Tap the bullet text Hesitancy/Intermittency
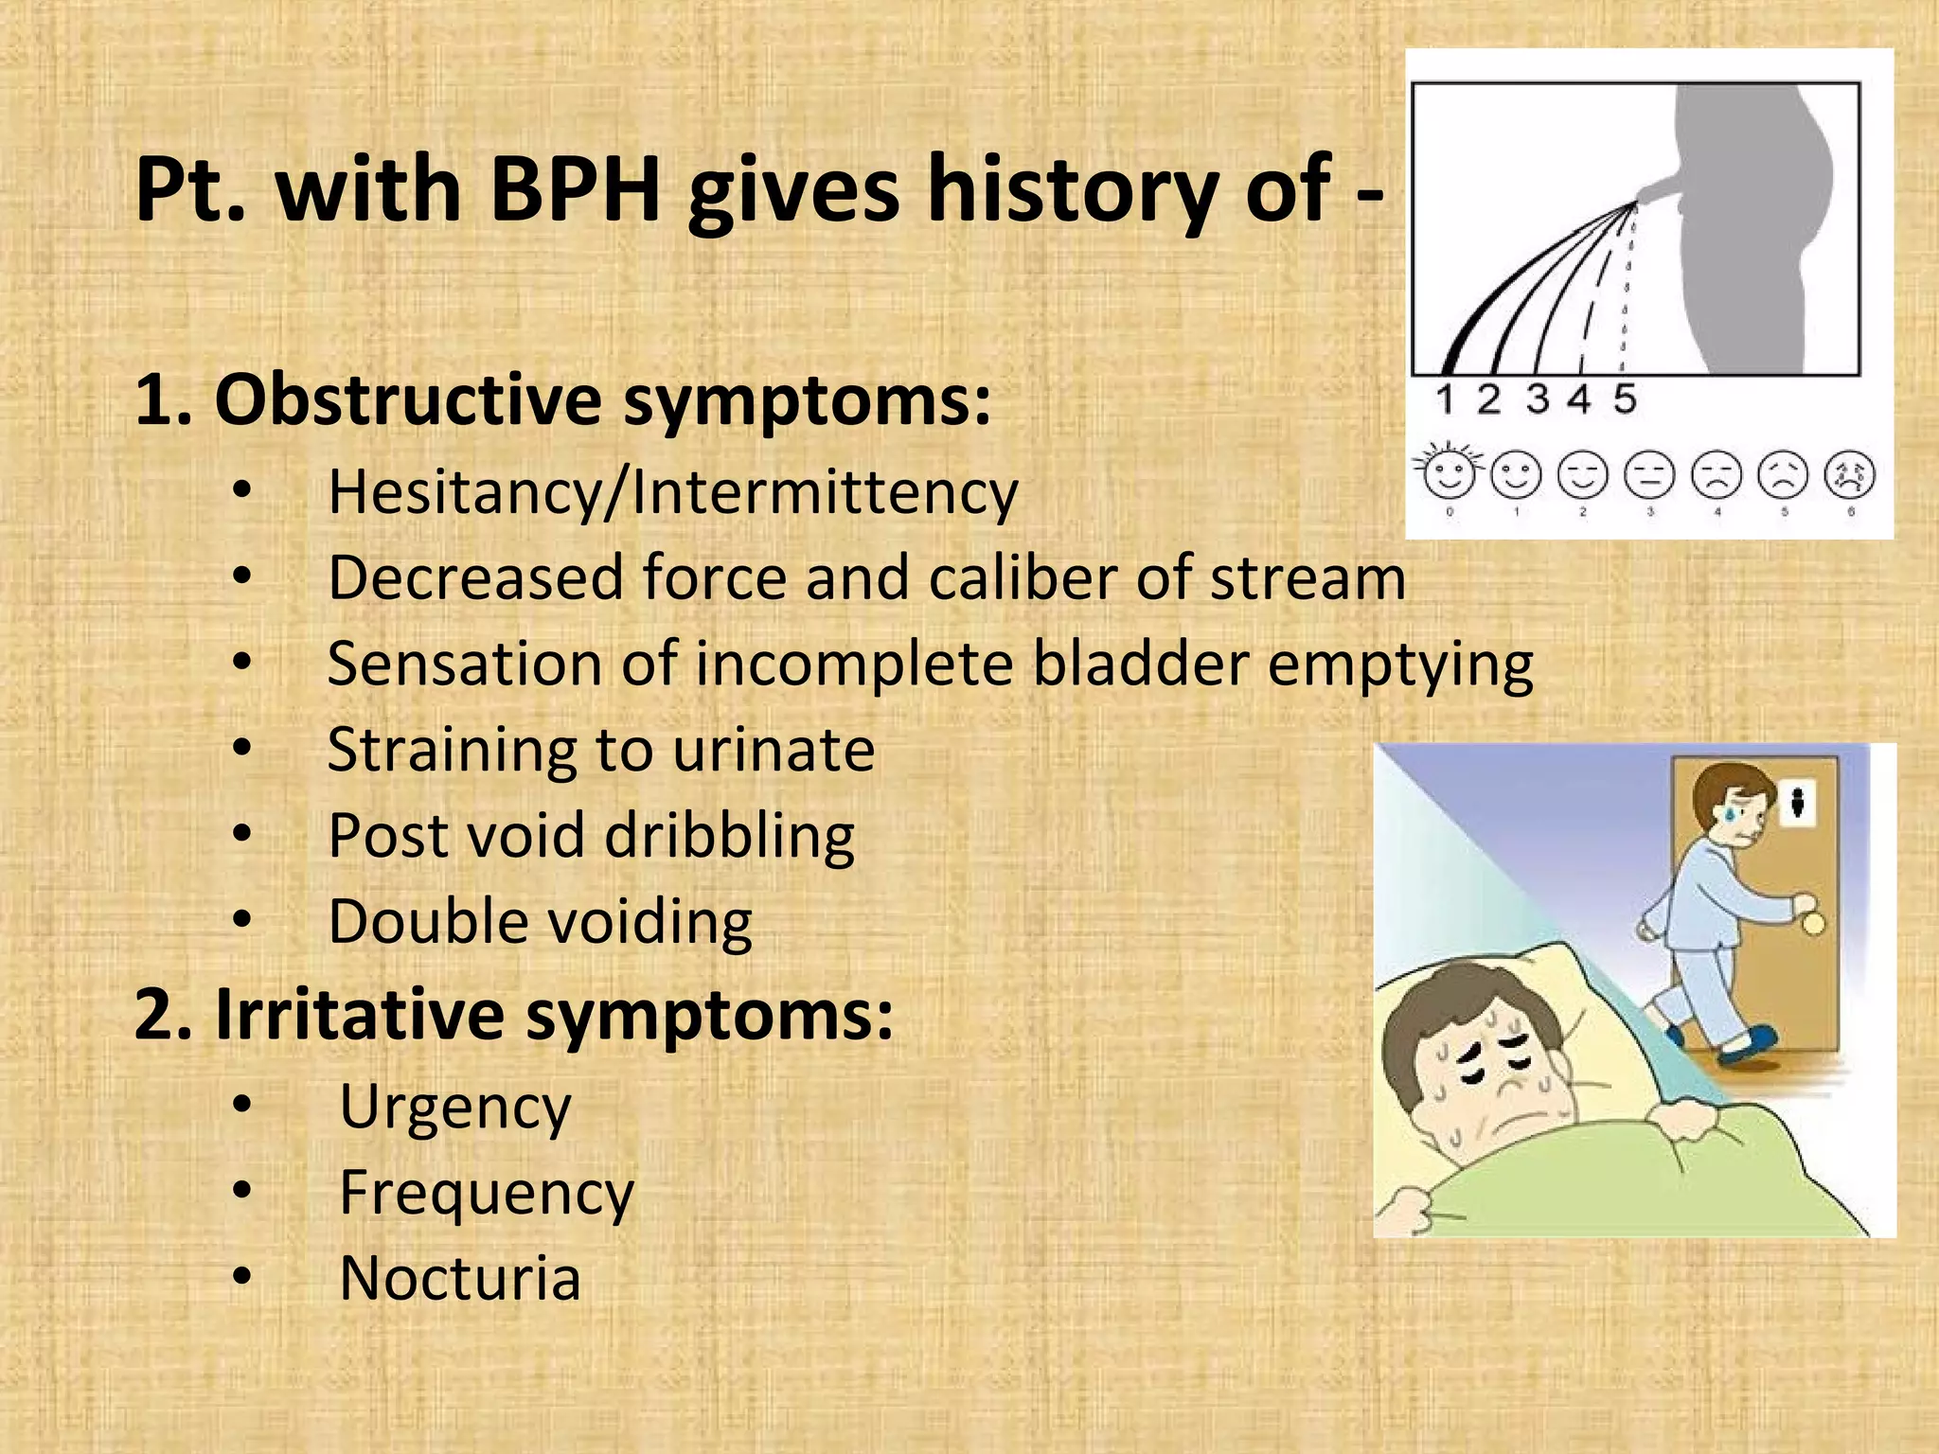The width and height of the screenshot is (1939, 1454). point(672,493)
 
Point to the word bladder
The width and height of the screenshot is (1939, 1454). point(1140,664)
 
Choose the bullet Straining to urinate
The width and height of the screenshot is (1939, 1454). point(600,750)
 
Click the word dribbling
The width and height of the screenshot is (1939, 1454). point(729,837)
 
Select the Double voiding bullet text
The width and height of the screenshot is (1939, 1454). point(540,922)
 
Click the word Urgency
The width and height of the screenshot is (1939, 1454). point(454,1108)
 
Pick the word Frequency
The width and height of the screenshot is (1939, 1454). point(486,1194)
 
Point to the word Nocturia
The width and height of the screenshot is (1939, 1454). point(459,1279)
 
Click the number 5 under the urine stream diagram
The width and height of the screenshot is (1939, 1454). point(1625,399)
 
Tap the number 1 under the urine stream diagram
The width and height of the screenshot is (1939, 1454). point(1444,399)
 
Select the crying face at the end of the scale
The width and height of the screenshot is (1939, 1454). point(1850,476)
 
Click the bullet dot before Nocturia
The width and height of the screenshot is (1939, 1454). point(242,1278)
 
